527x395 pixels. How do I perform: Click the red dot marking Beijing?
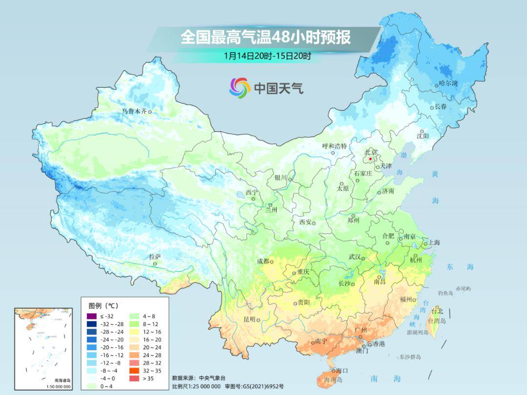click(371, 159)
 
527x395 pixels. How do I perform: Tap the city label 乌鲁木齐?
click(135, 112)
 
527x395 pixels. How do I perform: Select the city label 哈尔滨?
click(448, 83)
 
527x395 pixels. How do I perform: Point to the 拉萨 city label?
click(155, 257)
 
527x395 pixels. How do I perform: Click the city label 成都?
click(263, 261)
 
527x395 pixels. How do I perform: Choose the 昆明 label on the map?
click(249, 319)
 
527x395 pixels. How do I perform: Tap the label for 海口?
click(342, 371)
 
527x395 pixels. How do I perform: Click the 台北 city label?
click(437, 311)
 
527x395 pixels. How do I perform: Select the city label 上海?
click(434, 242)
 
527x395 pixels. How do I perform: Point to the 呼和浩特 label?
click(334, 146)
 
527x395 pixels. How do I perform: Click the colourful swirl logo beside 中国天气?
click(240, 87)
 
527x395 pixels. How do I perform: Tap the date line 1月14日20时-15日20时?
click(267, 56)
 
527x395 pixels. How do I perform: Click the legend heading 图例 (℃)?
click(103, 306)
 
